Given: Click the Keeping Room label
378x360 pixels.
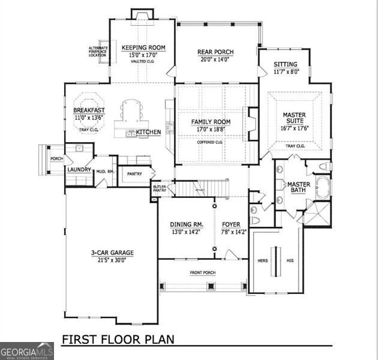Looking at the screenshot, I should pos(143,48).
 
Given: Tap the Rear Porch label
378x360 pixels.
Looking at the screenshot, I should pos(215,52).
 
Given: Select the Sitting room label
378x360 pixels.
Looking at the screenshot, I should pos(285,64).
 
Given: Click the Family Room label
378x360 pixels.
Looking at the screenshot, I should pos(211,122).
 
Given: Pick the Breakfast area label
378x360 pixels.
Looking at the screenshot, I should pos(89,110).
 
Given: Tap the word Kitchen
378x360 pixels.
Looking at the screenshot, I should pos(148,132).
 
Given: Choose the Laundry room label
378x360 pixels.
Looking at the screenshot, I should pos(79,170).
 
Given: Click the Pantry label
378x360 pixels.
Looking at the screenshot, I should pos(134,174).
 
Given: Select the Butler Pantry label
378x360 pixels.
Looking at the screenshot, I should pos(160,188).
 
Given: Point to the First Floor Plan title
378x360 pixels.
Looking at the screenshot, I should pos(118,339).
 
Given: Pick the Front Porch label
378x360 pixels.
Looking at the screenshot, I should pos(203,273).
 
